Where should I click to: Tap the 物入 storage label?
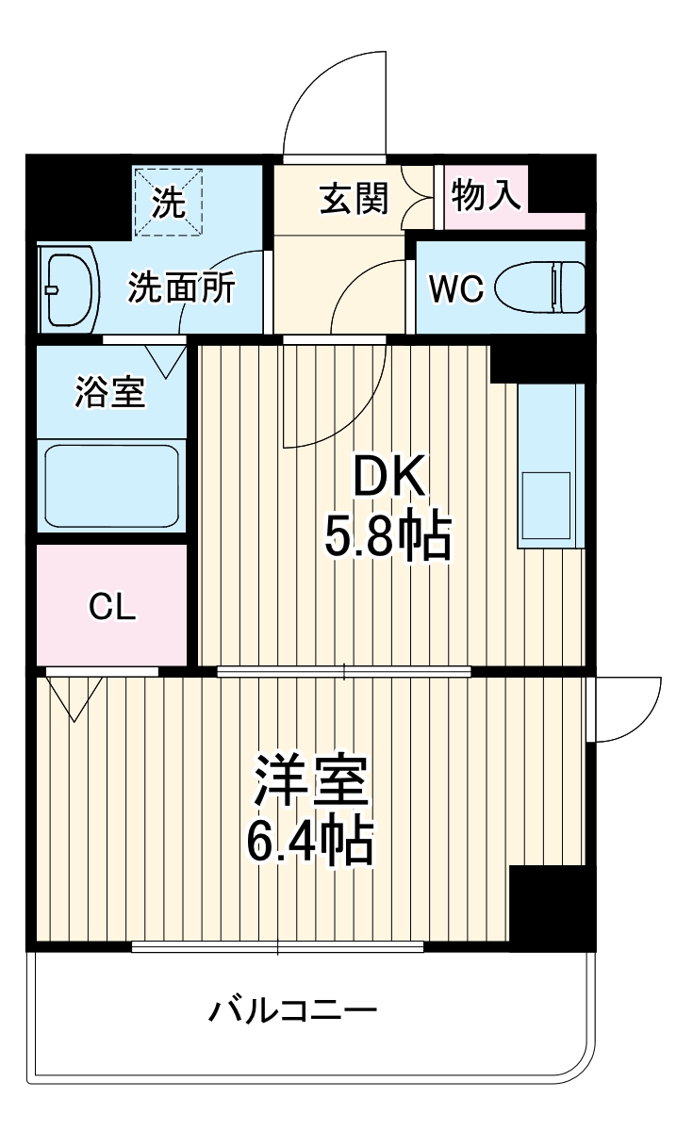pos(486,196)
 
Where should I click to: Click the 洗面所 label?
pos(182,288)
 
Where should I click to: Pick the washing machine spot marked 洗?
pos(170,202)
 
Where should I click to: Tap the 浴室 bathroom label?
pos(110,393)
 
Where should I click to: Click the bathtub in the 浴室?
pos(112,486)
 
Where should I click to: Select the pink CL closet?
pos(112,606)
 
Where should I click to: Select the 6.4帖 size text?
pos(310,841)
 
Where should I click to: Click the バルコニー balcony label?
pos(292,1012)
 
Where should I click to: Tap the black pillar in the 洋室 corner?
pos(552,905)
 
